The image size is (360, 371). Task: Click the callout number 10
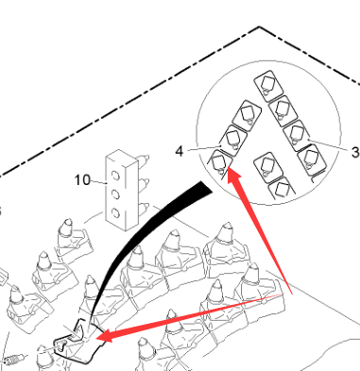82,180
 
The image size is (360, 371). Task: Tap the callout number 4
180,152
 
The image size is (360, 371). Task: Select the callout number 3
355,153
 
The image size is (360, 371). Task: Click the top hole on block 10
115,175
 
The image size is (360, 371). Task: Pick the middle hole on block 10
115,194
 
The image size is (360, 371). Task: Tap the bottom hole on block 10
115,213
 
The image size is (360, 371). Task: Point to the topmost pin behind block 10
144,160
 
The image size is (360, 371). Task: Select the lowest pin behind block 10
144,208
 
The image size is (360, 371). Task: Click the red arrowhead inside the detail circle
232,176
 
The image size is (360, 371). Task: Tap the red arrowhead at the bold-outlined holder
105,336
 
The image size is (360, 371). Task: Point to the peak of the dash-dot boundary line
259,27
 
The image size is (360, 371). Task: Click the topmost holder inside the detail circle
268,86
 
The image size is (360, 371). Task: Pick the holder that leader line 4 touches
233,141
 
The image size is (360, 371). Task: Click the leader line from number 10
99,181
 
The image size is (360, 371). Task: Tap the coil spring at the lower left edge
13,360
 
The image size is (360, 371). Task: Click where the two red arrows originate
291,294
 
